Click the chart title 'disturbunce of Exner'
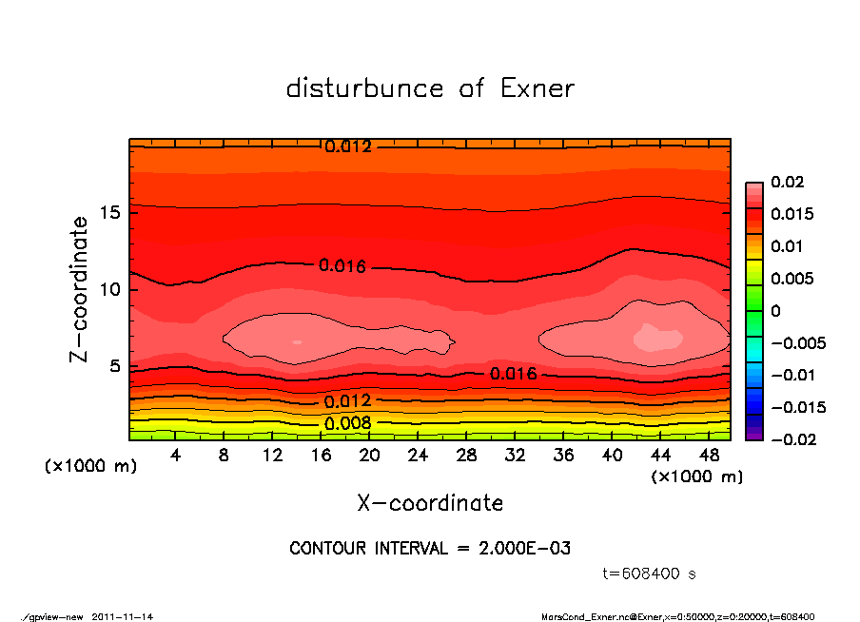(430, 89)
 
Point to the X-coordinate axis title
(430, 503)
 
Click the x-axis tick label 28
(467, 456)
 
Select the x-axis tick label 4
(176, 456)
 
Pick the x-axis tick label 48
(710, 456)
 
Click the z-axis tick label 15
(109, 212)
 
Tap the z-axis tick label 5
(114, 366)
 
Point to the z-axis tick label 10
(109, 289)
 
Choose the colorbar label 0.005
(792, 279)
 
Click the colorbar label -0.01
(792, 375)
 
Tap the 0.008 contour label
(348, 423)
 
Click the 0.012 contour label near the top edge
(348, 146)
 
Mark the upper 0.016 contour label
(342, 266)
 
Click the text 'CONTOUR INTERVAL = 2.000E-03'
(430, 549)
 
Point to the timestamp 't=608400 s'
(650, 574)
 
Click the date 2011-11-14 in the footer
(123, 616)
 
